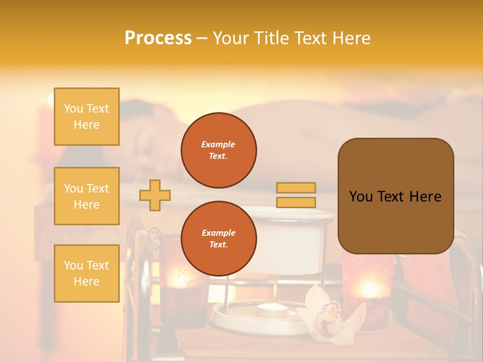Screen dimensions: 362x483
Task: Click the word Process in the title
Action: (x=158, y=38)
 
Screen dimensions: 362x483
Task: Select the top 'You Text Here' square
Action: (x=87, y=117)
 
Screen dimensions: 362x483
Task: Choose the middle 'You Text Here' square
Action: (x=87, y=196)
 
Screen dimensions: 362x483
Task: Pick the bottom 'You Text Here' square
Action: (x=87, y=273)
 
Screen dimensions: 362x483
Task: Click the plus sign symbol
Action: (x=155, y=195)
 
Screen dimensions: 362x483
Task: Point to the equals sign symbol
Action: (x=296, y=195)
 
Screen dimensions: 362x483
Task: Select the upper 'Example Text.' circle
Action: (x=219, y=150)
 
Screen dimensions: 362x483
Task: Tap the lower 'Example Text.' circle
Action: (x=219, y=238)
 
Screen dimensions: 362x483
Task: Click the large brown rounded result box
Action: (x=395, y=196)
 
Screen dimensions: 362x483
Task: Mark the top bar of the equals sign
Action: (x=296, y=188)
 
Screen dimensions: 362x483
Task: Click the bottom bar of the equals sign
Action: (x=296, y=202)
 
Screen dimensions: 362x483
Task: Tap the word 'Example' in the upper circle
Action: (x=218, y=144)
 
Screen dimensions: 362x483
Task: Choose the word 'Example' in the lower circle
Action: (x=218, y=233)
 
